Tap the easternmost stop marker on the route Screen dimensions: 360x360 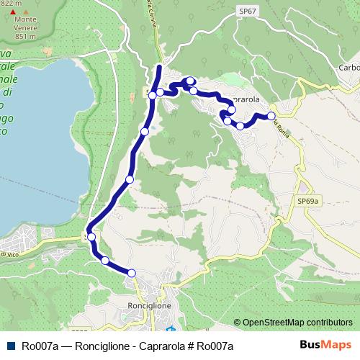(x=271, y=115)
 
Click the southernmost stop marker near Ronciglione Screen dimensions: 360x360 (x=132, y=272)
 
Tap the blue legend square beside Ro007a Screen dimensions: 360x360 (x=11, y=346)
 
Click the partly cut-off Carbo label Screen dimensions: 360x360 (x=348, y=68)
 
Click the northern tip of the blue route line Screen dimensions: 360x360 (x=158, y=67)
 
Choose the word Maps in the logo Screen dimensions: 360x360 (x=336, y=346)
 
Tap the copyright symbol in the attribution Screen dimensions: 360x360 (x=238, y=322)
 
